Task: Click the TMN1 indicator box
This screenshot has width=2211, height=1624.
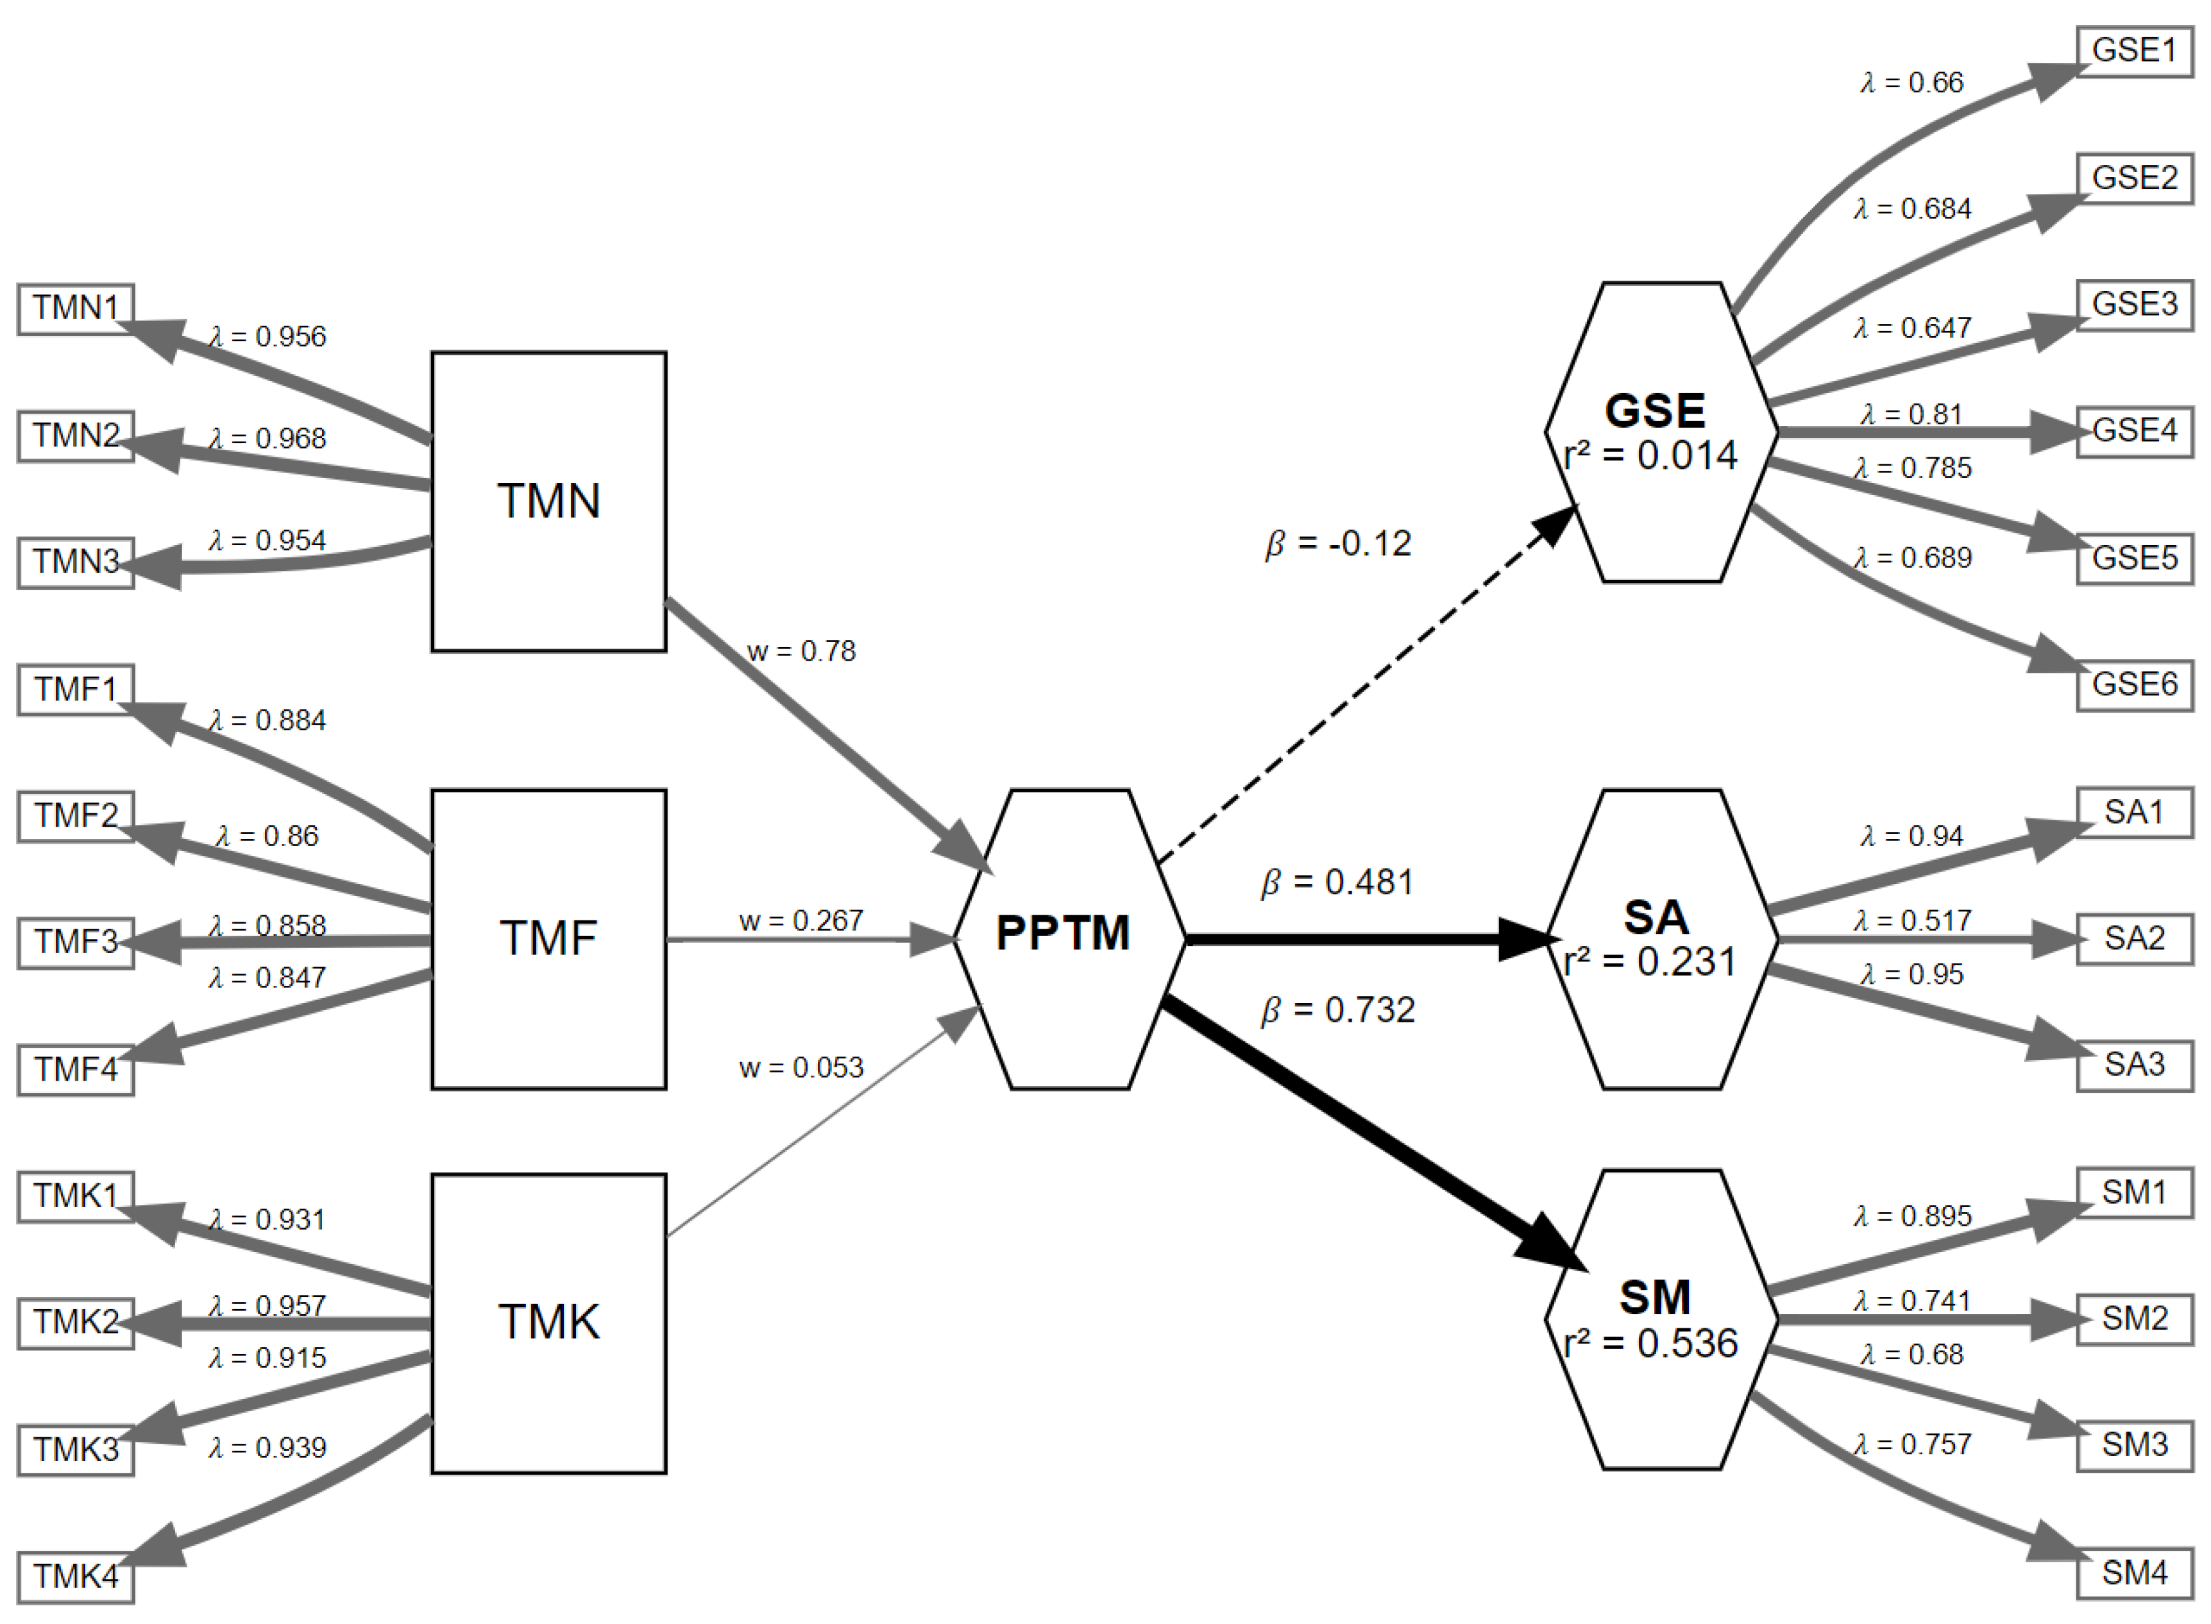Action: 76,309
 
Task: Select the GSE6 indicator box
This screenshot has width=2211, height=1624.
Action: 2134,684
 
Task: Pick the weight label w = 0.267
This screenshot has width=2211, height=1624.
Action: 801,920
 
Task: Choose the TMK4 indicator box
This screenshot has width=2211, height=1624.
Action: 76,1576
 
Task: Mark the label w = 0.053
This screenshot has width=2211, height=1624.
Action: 801,1067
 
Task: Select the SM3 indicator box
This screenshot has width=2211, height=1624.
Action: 2134,1445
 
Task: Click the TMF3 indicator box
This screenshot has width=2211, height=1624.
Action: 76,942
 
